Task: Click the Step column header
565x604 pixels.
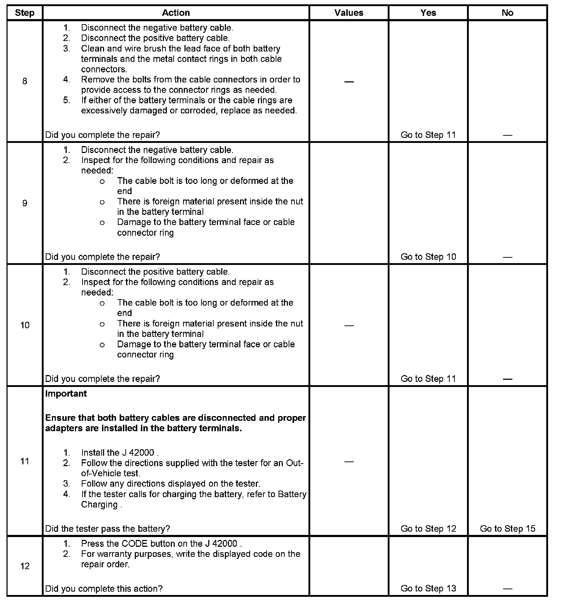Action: (x=25, y=13)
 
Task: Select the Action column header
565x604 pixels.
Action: (x=176, y=13)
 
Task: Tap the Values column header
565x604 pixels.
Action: (x=349, y=13)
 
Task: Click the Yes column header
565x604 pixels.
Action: (x=428, y=13)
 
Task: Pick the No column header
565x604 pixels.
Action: (x=507, y=13)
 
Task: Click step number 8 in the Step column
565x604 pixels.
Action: (x=25, y=81)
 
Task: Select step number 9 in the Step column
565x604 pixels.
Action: (x=25, y=203)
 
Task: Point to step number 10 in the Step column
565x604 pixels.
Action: (x=25, y=325)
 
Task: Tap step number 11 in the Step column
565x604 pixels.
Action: (x=25, y=461)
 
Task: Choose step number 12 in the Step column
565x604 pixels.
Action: (x=25, y=566)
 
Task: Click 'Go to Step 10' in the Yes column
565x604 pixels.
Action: (x=428, y=257)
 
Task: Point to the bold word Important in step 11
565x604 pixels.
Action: (x=66, y=393)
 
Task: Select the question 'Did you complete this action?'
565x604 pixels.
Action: (x=104, y=589)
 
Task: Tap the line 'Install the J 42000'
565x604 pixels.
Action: (x=119, y=452)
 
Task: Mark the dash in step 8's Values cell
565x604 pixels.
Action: (x=349, y=82)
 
